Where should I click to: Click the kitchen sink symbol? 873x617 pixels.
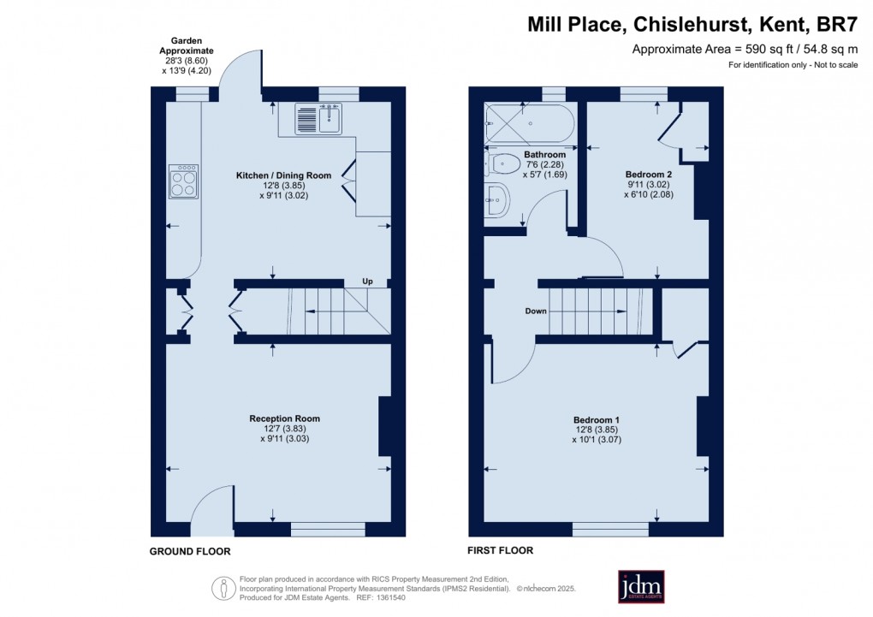pyautogui.click(x=318, y=120)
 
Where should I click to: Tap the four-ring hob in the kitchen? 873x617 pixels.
pyautogui.click(x=183, y=181)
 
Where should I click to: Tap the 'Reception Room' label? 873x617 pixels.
pyautogui.click(x=284, y=418)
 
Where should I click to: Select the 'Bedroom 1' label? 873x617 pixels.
pyautogui.click(x=597, y=419)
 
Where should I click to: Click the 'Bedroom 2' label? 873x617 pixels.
pyautogui.click(x=643, y=175)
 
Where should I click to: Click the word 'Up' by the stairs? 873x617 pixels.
pyautogui.click(x=368, y=281)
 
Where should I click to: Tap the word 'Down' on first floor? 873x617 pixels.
pyautogui.click(x=536, y=311)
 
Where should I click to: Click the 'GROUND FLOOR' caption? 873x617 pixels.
pyautogui.click(x=190, y=552)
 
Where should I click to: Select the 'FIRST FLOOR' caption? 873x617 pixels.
pyautogui.click(x=501, y=551)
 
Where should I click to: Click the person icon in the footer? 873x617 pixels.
pyautogui.click(x=224, y=588)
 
